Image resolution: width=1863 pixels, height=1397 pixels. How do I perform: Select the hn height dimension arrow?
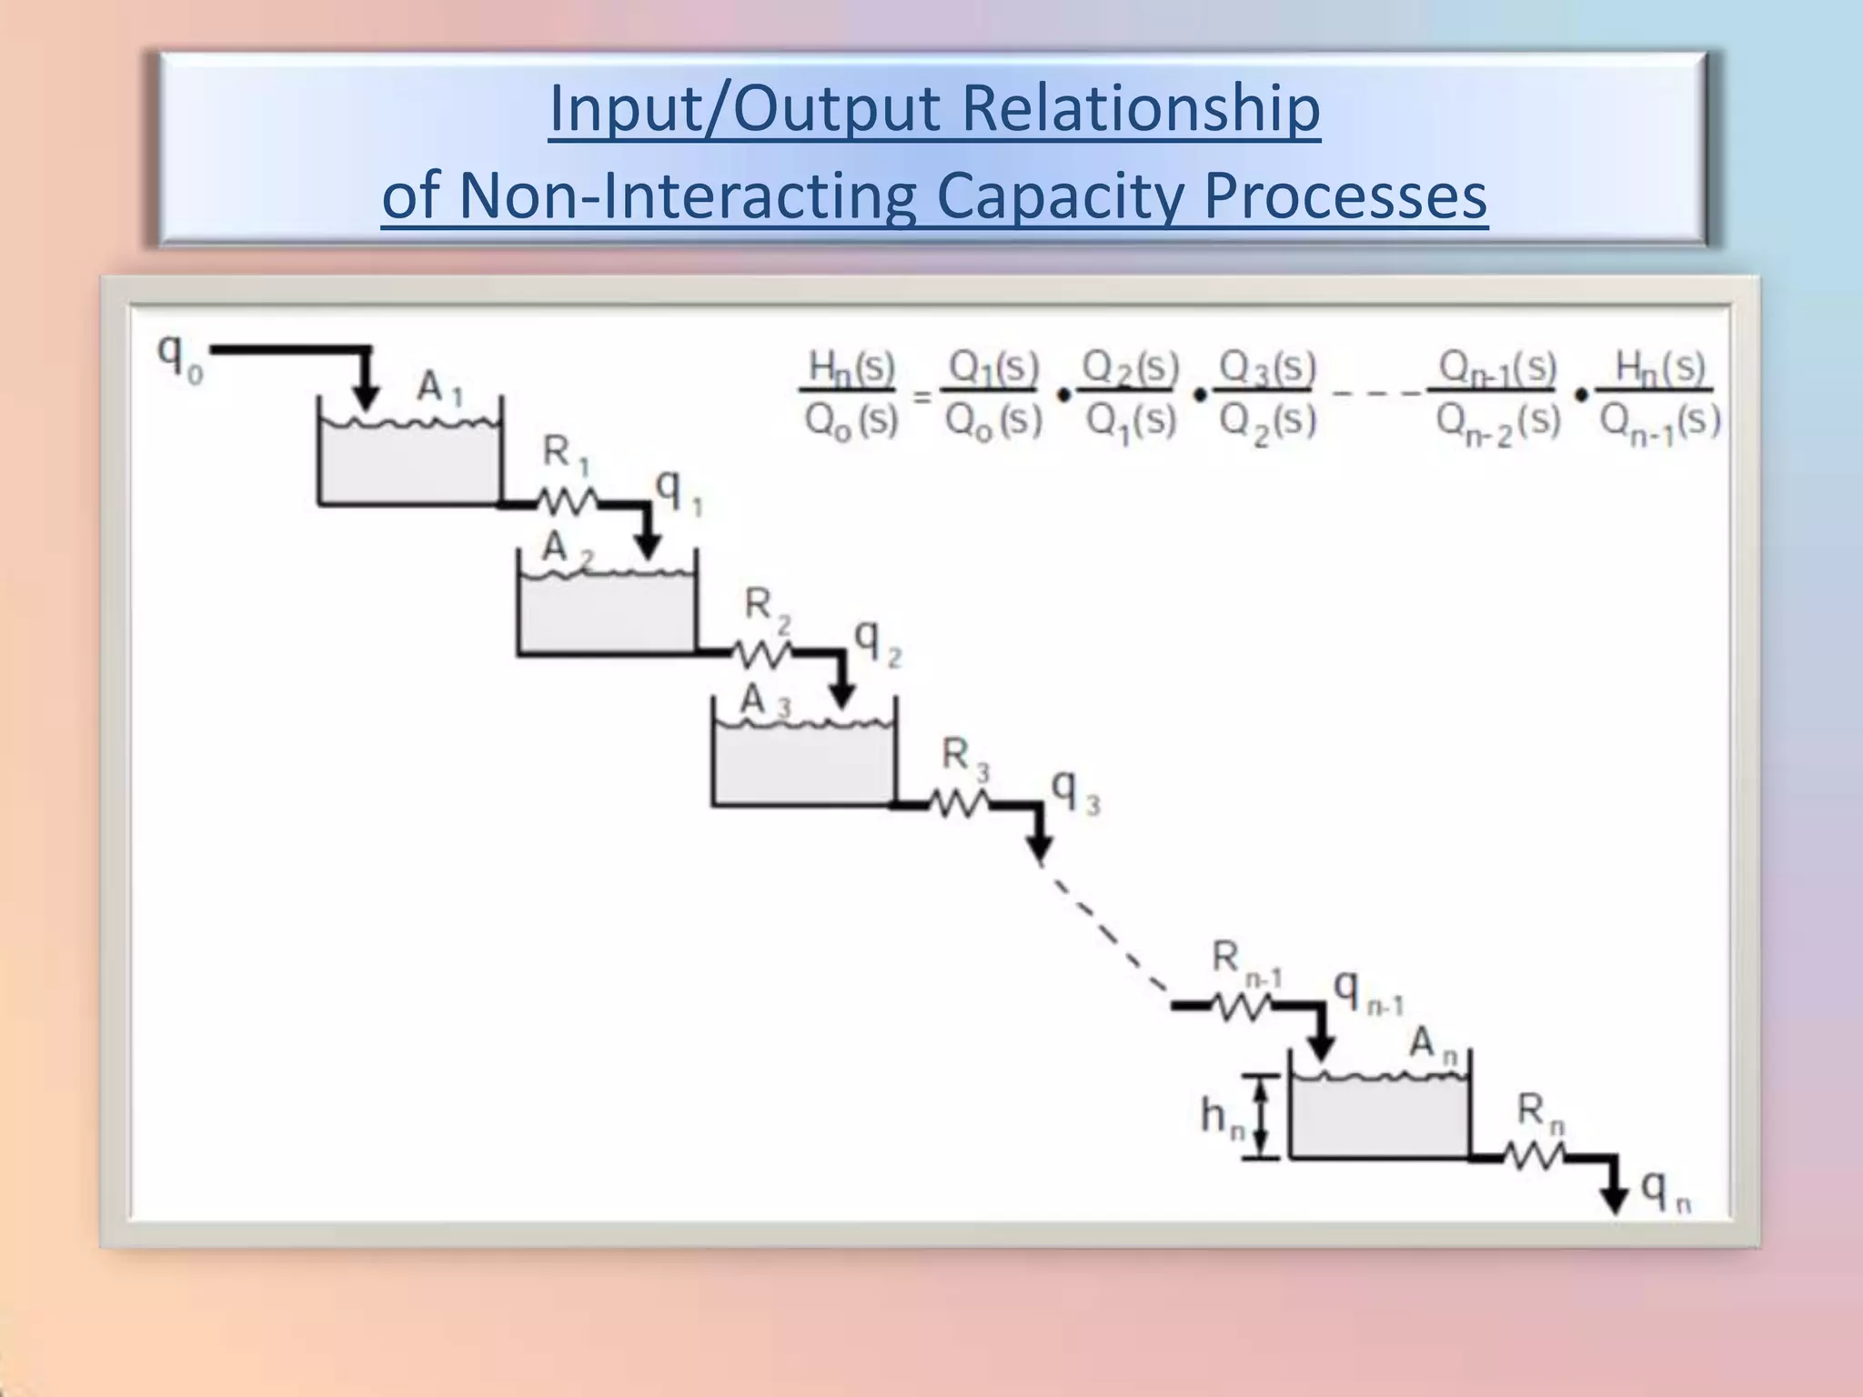click(1261, 1116)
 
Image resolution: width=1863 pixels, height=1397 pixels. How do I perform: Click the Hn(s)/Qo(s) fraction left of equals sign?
click(851, 395)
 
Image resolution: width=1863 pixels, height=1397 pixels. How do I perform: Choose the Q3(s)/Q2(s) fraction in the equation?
click(1266, 395)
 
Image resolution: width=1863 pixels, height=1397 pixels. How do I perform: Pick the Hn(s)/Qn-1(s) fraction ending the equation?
click(1658, 395)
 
